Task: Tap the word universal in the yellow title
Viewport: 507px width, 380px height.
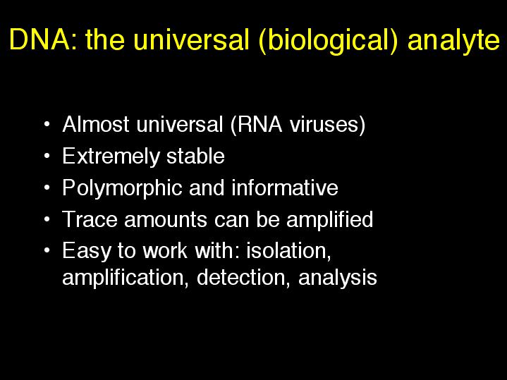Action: [x=191, y=39]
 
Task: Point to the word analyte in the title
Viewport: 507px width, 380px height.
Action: [x=453, y=41]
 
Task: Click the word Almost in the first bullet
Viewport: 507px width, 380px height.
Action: [x=96, y=124]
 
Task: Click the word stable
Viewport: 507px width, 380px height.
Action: [x=195, y=156]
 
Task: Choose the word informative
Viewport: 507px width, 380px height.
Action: [x=285, y=188]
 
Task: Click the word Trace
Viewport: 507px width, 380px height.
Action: [x=90, y=219]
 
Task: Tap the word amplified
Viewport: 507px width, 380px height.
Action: [x=330, y=220]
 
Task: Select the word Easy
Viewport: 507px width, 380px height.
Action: [x=87, y=251]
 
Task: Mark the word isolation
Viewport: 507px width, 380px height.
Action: [x=288, y=251]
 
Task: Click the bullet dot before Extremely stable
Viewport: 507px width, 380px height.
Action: [x=47, y=157]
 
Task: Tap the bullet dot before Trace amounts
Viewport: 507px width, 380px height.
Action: [x=47, y=219]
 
